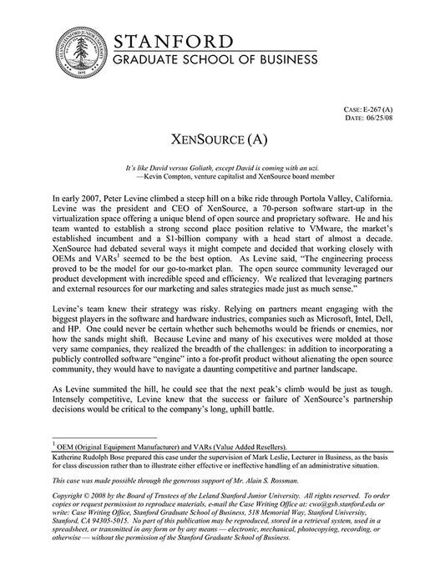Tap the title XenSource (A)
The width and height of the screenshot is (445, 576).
click(x=222, y=137)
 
